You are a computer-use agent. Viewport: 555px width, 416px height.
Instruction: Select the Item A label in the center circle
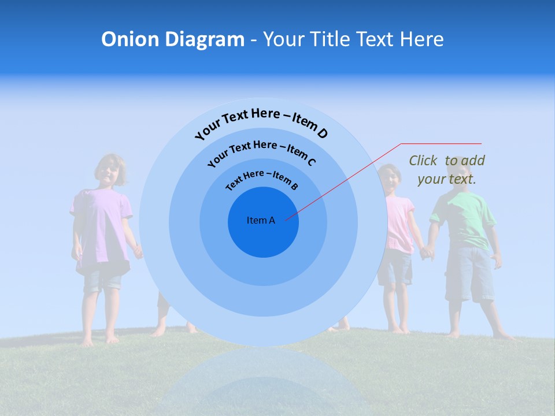click(x=261, y=220)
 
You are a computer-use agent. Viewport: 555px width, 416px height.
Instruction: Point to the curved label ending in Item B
click(x=262, y=179)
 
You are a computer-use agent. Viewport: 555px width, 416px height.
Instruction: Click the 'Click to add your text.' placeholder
click(x=447, y=170)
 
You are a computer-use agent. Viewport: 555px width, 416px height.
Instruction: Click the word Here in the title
click(x=415, y=39)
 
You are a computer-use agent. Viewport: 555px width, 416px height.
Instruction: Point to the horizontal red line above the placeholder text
click(x=441, y=143)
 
